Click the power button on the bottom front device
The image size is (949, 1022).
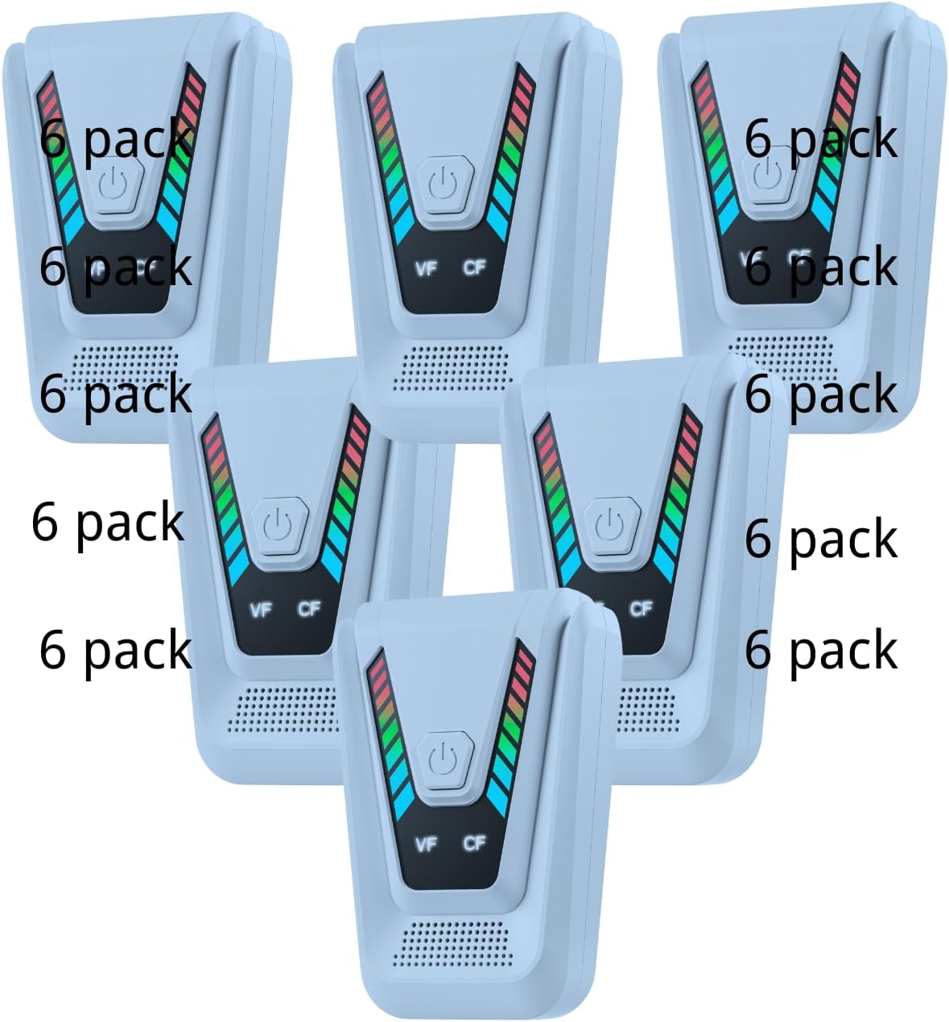point(445,760)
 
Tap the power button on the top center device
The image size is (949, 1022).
point(445,185)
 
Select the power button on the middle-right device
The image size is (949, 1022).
point(611,526)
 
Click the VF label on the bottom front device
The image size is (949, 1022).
point(426,845)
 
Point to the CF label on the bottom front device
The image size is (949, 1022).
point(474,843)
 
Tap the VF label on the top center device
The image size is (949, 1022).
point(426,269)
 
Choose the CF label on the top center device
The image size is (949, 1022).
point(474,267)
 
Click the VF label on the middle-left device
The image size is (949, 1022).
point(261,610)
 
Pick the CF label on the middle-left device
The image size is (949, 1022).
point(308,610)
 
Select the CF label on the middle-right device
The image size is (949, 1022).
point(641,610)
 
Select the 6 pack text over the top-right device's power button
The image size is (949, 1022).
point(821,140)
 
